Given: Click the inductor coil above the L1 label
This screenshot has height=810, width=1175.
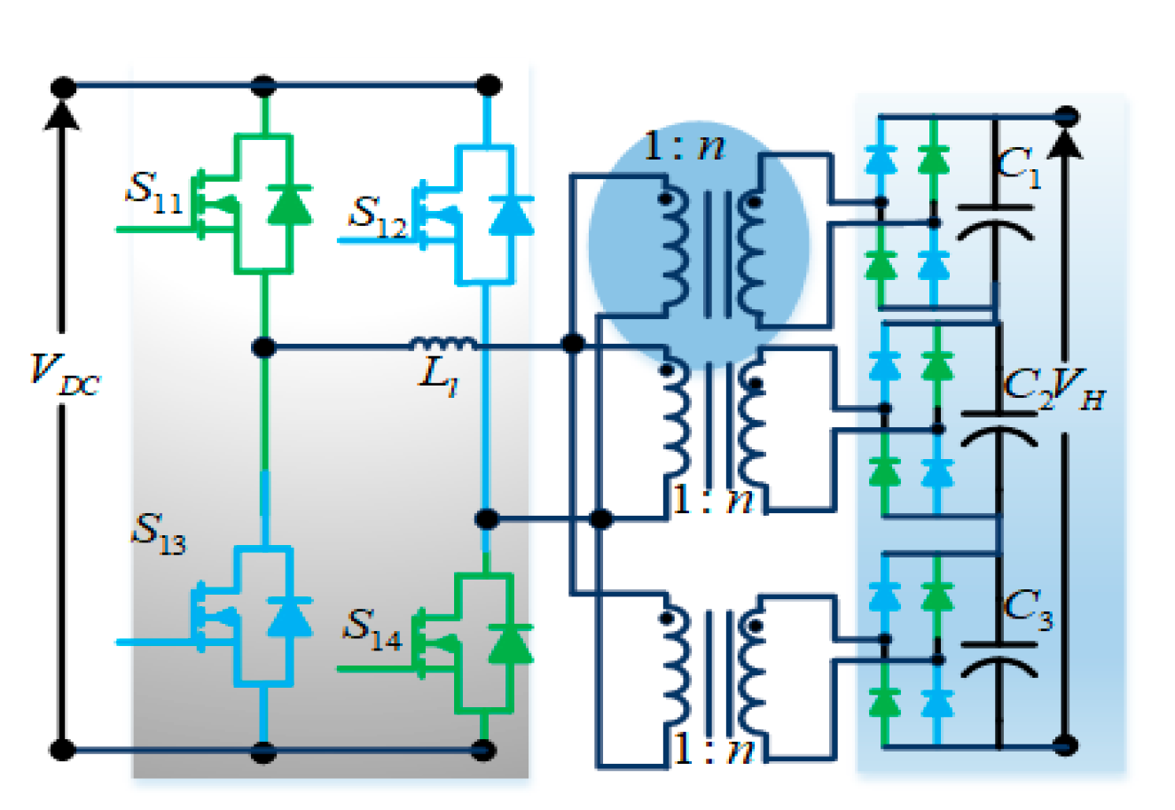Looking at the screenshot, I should click(443, 344).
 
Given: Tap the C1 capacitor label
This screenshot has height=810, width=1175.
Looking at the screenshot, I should click(1018, 170).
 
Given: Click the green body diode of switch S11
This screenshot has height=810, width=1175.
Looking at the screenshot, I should click(289, 205).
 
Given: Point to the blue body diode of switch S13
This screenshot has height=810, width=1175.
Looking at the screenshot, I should click(289, 617).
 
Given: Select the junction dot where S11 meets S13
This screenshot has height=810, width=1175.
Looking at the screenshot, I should click(263, 347).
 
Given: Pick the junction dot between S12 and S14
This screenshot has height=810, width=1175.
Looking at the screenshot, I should click(485, 518).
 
